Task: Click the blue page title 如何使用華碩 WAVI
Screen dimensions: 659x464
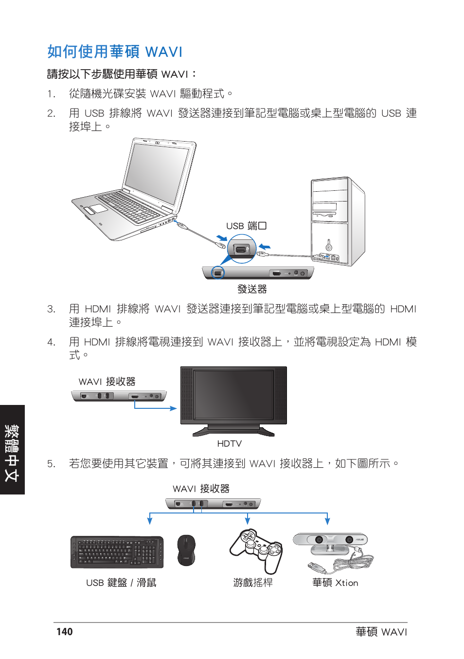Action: (x=115, y=52)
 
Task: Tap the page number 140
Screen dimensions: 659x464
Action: (x=64, y=632)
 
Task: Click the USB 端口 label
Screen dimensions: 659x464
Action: (x=246, y=226)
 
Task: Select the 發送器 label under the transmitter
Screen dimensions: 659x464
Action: (x=252, y=289)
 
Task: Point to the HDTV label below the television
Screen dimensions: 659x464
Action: (x=229, y=443)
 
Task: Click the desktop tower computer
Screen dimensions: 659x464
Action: (x=337, y=221)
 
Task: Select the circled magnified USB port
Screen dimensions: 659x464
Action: (x=242, y=249)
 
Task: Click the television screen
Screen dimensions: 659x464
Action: (x=233, y=394)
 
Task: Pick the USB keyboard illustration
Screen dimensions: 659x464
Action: (x=117, y=552)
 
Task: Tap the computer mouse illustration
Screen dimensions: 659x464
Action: (x=186, y=550)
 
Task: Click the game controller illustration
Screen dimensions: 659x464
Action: (x=256, y=550)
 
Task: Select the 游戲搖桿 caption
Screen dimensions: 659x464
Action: (x=252, y=583)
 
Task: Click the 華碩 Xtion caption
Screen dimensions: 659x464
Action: (x=335, y=583)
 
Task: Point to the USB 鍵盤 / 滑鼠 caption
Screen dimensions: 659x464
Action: (x=121, y=583)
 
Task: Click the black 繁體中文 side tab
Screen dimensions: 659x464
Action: (x=12, y=450)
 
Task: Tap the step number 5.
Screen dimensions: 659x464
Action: (x=51, y=464)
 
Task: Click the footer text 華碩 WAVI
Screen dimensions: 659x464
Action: (x=381, y=632)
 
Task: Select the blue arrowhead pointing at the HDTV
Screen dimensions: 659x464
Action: (x=173, y=408)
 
